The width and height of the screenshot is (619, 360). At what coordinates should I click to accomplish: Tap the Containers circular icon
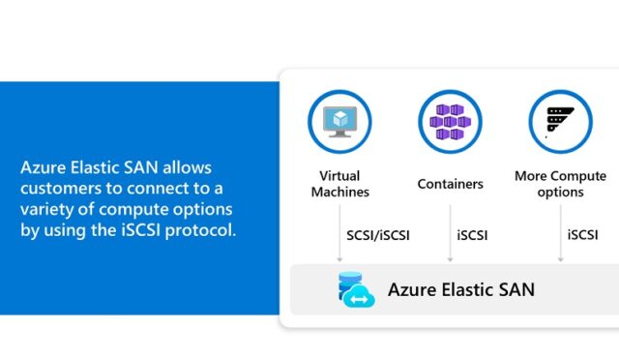point(450,122)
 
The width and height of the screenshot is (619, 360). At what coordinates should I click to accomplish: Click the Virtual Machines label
point(339,184)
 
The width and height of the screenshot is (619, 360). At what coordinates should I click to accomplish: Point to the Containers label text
point(450,184)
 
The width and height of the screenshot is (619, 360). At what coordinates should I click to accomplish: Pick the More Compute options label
point(561,184)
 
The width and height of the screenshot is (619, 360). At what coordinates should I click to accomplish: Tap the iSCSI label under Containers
point(472,235)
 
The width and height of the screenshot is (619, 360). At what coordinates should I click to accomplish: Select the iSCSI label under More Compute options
point(582,235)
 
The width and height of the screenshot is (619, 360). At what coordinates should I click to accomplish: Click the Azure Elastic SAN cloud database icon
point(355,289)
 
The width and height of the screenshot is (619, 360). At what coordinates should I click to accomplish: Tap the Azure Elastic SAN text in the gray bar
point(460,289)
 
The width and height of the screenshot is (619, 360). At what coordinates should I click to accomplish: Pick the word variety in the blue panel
point(46,209)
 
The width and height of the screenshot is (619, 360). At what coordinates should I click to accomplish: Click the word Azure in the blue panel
point(42,167)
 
